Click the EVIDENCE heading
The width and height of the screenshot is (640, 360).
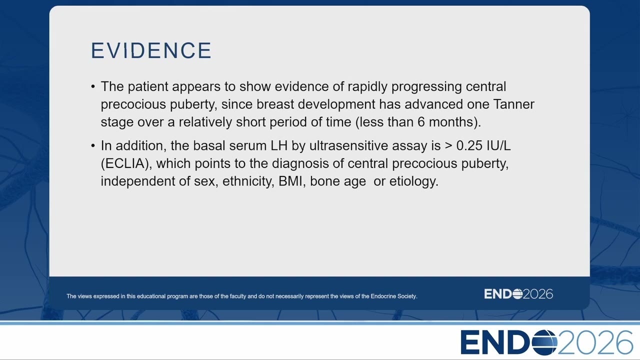pos(151,50)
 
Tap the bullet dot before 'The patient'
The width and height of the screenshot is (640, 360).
pos(93,86)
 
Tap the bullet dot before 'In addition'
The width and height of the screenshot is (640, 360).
pos(93,145)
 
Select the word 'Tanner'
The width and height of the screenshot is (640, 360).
pos(513,104)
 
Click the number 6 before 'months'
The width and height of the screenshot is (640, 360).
pos(421,122)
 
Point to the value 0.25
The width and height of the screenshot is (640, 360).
pos(469,145)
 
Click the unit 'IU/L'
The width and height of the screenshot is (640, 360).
pos(498,145)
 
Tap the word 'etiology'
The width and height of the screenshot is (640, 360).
pos(413,181)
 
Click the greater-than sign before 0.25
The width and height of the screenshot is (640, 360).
pos(448,146)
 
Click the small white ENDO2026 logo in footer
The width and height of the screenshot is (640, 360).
pos(518,294)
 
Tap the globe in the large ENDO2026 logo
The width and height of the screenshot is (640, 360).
pos(544,342)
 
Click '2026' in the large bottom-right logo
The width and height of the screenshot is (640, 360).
pos(595,342)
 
